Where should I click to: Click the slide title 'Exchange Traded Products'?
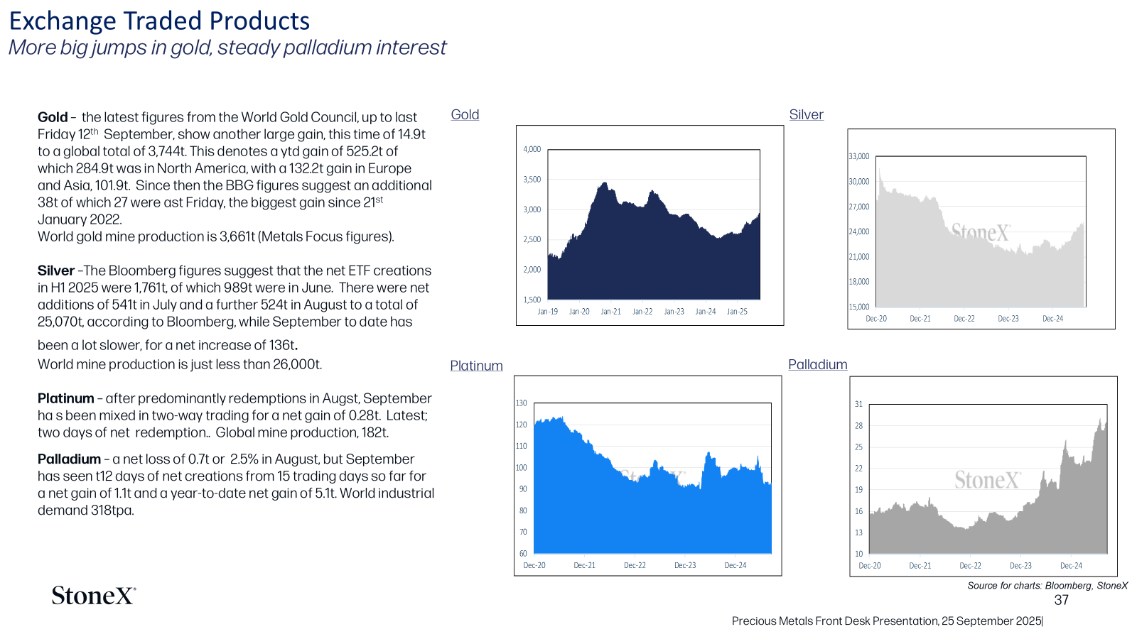159,21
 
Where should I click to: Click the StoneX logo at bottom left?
94,596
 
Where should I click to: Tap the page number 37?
1062,600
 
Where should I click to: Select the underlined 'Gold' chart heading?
465,114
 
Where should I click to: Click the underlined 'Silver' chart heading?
806,114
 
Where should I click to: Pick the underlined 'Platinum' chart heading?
476,365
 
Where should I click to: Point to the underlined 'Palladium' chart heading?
818,364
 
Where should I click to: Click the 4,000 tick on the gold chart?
532,149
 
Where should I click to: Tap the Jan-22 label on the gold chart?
642,312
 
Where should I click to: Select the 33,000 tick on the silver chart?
859,156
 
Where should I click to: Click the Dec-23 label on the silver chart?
1008,319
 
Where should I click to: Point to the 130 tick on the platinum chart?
522,403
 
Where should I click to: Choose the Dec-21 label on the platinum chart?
584,565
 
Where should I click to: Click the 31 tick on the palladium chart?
858,404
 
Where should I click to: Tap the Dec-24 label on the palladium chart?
1071,565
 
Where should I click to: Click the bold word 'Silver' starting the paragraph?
56,271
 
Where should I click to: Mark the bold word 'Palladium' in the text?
69,459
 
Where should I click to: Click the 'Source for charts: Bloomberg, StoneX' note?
1047,586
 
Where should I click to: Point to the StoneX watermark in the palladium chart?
987,480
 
